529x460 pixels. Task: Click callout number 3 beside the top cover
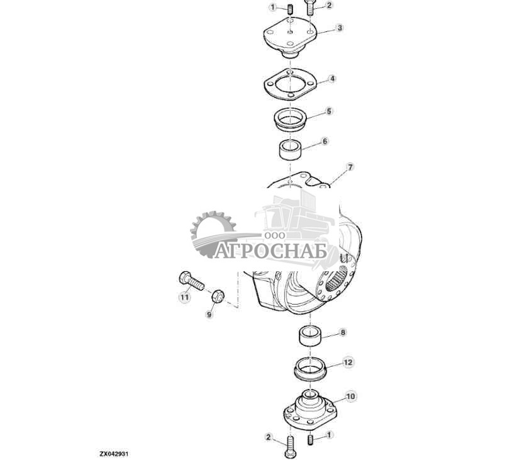340,28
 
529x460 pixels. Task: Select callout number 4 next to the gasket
332,79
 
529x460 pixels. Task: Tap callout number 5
329,111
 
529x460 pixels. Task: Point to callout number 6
325,142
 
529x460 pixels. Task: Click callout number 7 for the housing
350,167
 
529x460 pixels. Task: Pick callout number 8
343,332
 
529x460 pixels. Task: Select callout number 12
348,362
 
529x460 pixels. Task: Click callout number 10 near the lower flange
350,396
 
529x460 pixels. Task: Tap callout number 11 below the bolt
184,296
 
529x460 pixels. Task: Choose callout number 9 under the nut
209,314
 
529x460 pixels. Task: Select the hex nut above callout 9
215,295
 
